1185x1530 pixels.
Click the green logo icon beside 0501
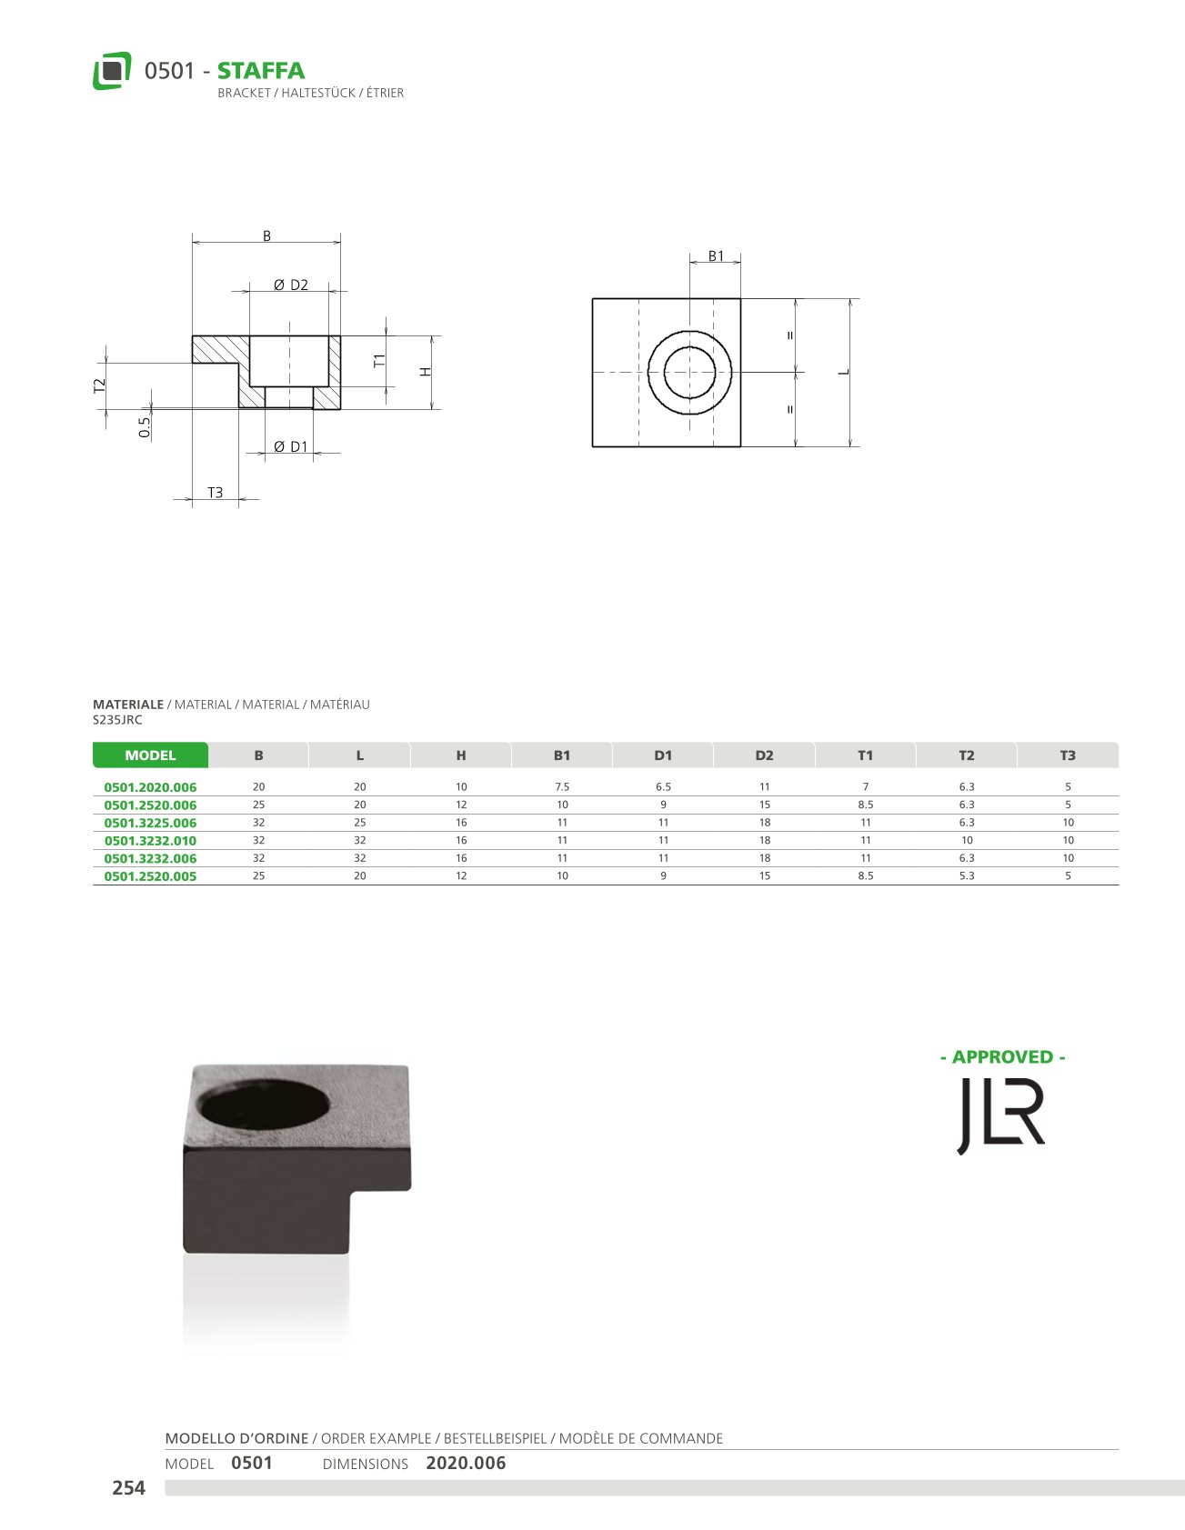pos(112,71)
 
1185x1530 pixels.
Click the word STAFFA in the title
pos(261,71)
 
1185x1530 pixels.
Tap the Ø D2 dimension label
pos(291,285)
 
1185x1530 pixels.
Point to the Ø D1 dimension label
pos(291,446)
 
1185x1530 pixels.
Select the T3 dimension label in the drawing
pos(216,492)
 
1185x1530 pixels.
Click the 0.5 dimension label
pos(145,427)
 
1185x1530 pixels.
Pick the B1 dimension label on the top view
pos(717,256)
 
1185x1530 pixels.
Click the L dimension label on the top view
pos(844,371)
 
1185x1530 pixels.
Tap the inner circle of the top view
pos(689,346)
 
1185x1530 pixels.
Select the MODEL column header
pos(150,755)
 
